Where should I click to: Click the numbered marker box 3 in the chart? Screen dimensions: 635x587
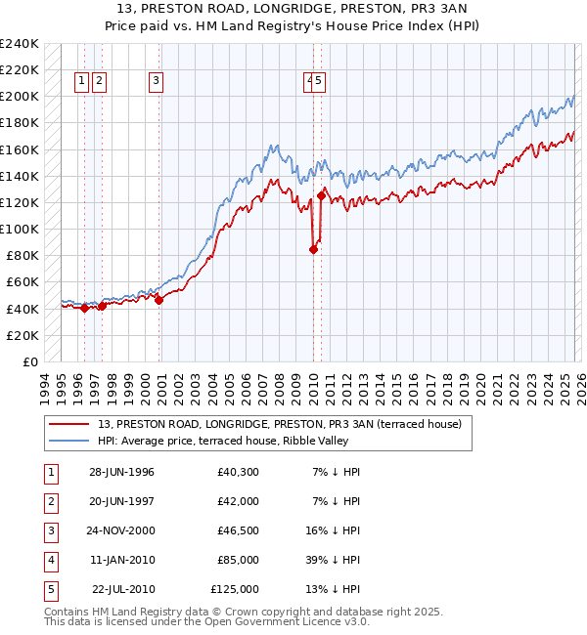(157, 82)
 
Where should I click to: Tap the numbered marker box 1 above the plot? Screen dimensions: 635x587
(82, 82)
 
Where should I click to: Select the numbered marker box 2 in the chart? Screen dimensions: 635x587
(100, 82)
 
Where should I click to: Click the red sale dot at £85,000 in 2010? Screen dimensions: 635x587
(313, 249)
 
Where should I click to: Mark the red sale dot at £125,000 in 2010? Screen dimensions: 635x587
(322, 195)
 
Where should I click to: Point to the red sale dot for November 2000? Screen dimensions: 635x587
(159, 300)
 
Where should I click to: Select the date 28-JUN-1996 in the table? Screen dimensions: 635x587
(121, 473)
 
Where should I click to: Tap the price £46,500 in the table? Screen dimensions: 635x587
(238, 531)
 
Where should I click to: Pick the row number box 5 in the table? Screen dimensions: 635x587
(49, 590)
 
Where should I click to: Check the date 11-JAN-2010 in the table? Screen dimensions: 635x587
(121, 561)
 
